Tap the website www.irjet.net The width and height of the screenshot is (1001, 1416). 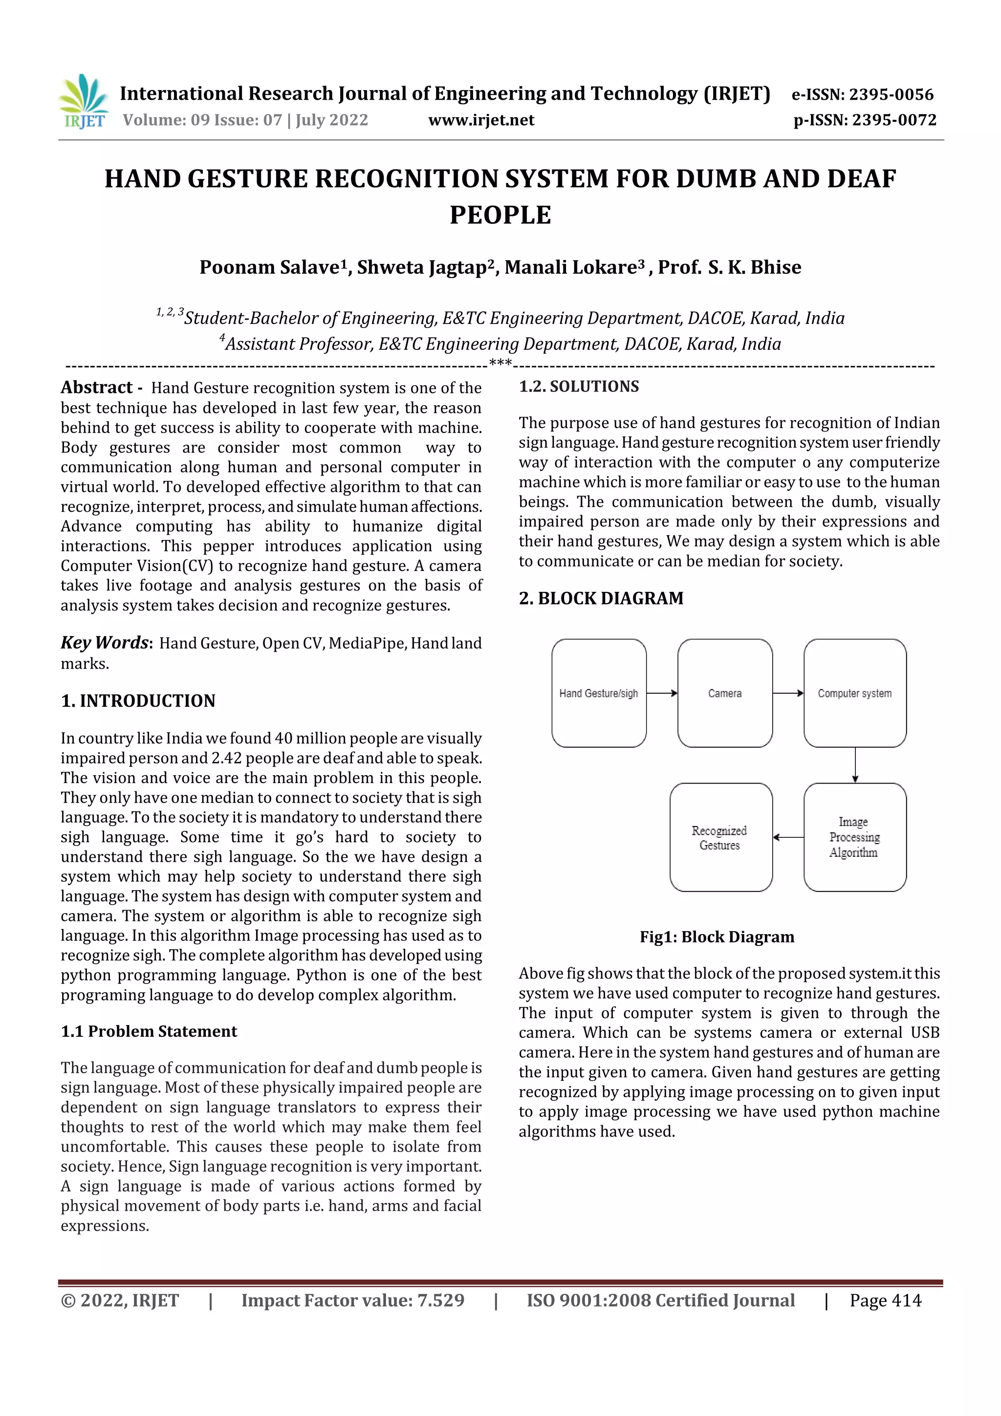click(x=481, y=120)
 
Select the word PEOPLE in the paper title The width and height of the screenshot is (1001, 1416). click(x=500, y=215)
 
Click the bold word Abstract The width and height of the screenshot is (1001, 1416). click(x=96, y=387)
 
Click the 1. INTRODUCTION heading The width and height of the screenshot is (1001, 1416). click(x=138, y=700)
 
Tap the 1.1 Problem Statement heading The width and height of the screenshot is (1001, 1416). click(x=149, y=1031)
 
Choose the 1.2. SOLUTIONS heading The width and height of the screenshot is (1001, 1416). click(x=579, y=387)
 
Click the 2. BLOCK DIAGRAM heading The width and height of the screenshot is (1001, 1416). click(x=601, y=598)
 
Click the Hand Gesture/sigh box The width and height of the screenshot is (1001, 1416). click(x=598, y=693)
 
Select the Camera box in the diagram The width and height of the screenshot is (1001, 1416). click(x=725, y=693)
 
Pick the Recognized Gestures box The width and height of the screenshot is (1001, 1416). click(x=720, y=837)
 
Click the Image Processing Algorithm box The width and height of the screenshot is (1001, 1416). click(x=855, y=837)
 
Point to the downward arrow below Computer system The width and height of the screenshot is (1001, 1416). click(x=855, y=765)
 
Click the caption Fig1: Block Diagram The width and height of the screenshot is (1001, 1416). click(x=717, y=937)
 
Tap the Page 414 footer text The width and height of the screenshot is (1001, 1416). click(x=885, y=1301)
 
